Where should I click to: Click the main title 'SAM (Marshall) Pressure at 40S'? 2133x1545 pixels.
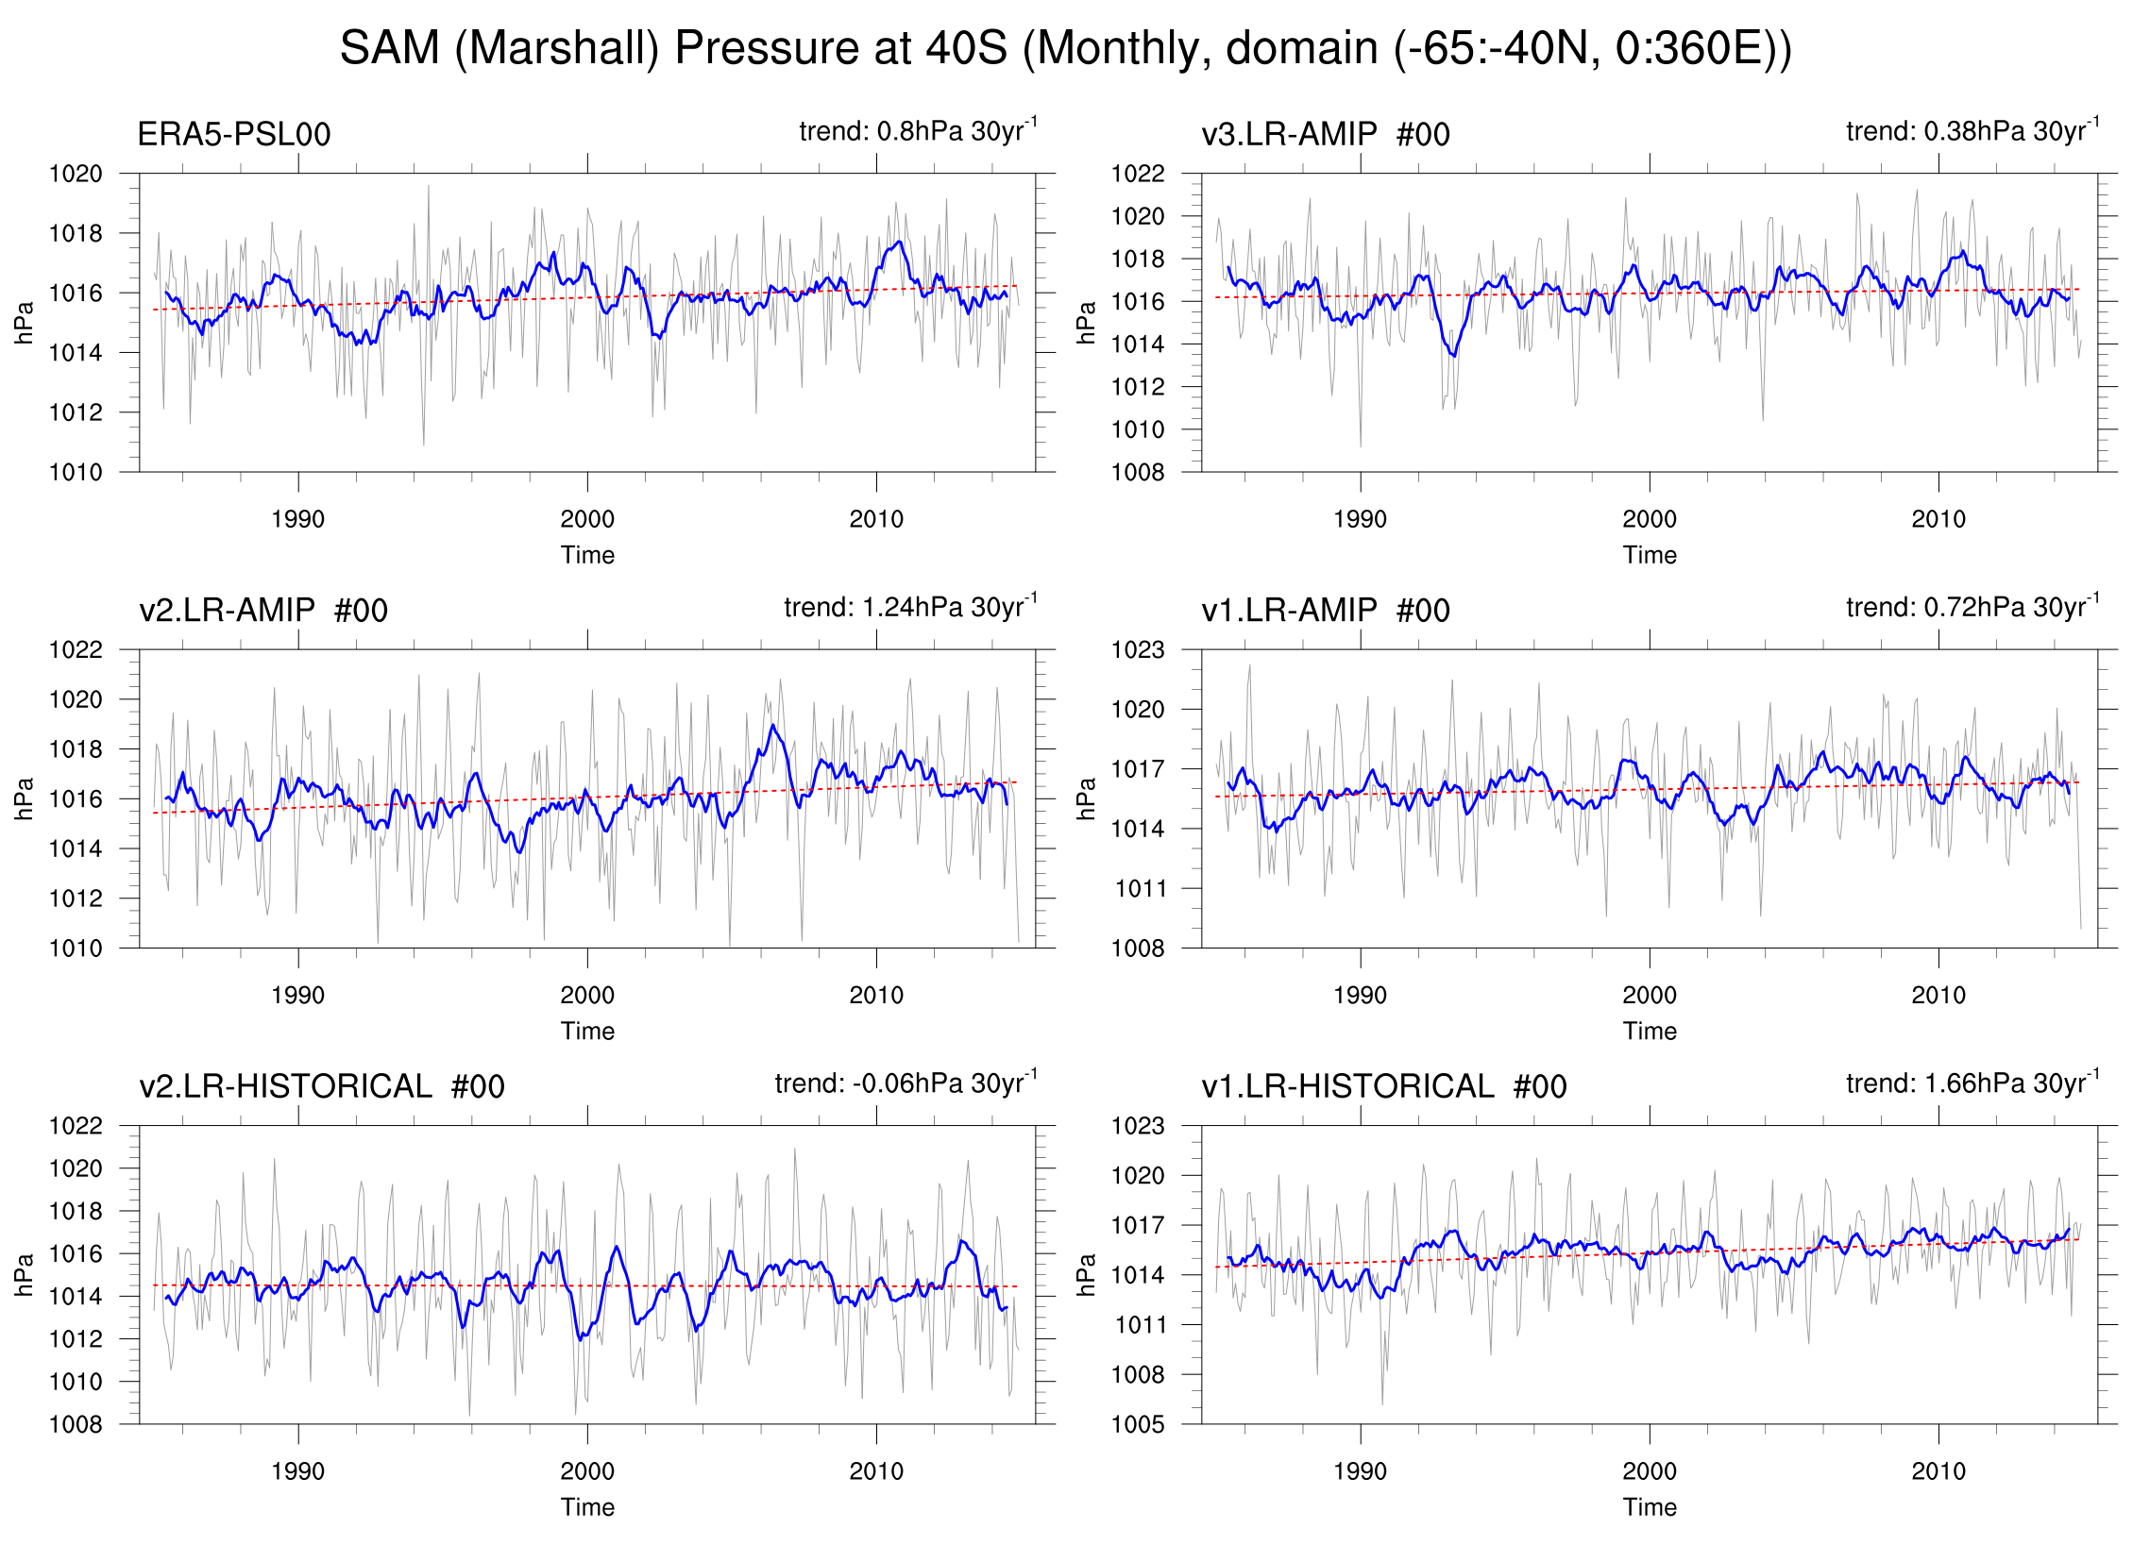[1065, 48]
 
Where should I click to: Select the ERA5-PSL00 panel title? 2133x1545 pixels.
[233, 135]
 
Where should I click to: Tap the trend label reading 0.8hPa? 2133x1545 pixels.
[917, 130]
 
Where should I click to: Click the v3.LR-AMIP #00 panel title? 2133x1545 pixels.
[1325, 135]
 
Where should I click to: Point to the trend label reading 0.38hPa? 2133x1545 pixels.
[1972, 130]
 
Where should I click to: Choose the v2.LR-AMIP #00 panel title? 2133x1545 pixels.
[262, 611]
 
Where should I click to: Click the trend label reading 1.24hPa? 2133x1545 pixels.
[909, 607]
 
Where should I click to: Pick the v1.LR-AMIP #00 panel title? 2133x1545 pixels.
[1325, 611]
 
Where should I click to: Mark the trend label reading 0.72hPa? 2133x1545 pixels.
[1972, 607]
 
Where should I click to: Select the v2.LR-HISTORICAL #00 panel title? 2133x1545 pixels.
[321, 1086]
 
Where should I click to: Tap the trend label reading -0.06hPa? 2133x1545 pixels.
[905, 1083]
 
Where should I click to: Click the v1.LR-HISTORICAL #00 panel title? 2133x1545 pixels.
[1383, 1086]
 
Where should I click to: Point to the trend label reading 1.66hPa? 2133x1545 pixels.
[1972, 1083]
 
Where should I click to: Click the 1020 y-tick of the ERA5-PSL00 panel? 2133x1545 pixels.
[76, 174]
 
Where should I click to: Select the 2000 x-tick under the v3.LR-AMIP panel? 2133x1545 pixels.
[1649, 519]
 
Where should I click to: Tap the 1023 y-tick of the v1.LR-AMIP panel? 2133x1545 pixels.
[1137, 650]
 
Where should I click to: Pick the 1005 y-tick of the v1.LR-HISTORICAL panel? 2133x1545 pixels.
[1137, 1424]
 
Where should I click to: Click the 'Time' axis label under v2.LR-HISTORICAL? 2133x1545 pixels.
[587, 1507]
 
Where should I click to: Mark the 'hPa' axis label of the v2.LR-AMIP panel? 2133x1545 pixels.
[25, 798]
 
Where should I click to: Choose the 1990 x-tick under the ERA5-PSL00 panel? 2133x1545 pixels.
[297, 519]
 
